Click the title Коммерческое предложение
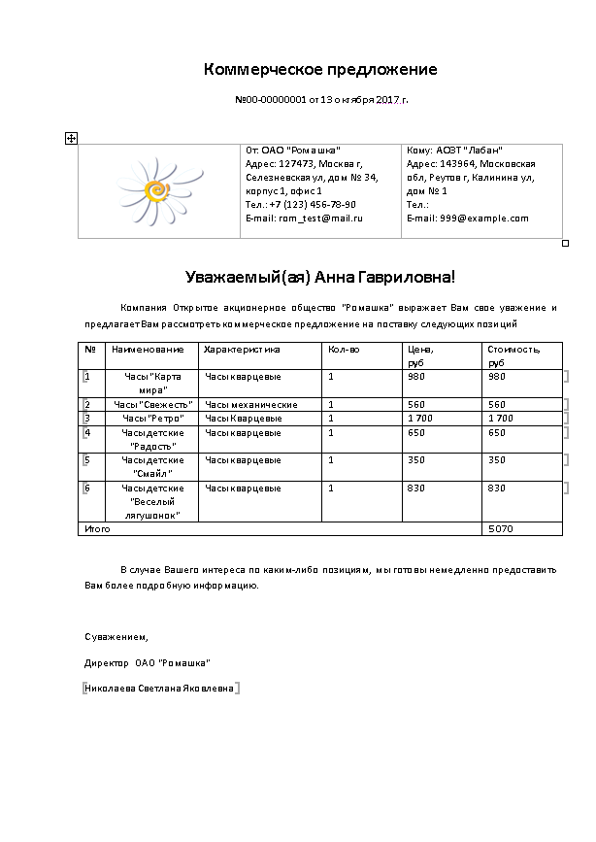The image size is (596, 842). (x=320, y=70)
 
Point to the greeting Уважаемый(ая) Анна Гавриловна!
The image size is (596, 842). (x=320, y=278)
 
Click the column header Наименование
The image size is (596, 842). (x=148, y=349)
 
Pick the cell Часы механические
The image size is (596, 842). (x=250, y=404)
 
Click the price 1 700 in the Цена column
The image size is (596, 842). (x=420, y=418)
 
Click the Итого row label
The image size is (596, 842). (x=98, y=529)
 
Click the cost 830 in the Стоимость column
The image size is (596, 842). (x=497, y=488)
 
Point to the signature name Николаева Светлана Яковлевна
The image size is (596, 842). (x=160, y=689)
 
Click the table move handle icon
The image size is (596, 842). (x=71, y=139)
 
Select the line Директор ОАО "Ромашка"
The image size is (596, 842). (x=148, y=662)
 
